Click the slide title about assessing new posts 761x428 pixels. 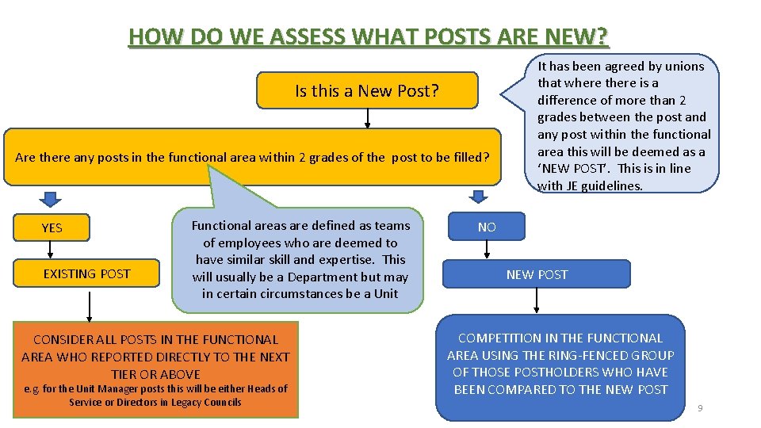click(369, 36)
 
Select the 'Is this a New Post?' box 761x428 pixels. click(367, 91)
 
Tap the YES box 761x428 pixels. click(52, 227)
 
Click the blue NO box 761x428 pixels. click(487, 227)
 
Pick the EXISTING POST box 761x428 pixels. click(86, 274)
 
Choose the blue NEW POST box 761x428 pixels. click(537, 274)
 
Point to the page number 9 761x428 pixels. click(700, 408)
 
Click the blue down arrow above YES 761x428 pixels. click(51, 197)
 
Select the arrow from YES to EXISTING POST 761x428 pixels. click(51, 250)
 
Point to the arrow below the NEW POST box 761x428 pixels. click(537, 299)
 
